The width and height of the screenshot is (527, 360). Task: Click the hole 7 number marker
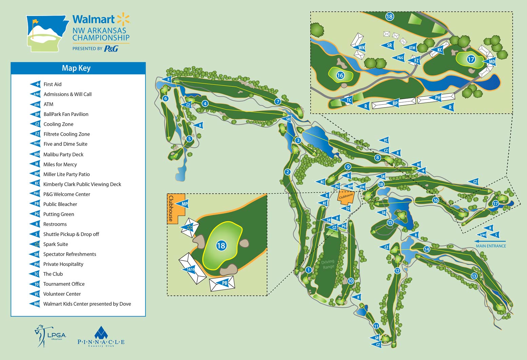(x=278, y=101)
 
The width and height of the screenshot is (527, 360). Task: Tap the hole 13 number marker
(x=474, y=276)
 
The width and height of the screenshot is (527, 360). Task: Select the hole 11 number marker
(x=376, y=326)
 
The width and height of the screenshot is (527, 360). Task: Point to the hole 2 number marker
(x=288, y=172)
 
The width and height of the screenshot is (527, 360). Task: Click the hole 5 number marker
(x=189, y=138)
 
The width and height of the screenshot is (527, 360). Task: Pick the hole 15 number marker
(x=390, y=223)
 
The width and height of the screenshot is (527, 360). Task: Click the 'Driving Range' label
(x=328, y=264)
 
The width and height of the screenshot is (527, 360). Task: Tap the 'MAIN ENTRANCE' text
(x=491, y=246)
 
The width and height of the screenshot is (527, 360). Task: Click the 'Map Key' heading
(x=76, y=68)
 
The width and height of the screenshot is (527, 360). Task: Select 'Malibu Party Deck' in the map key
(x=63, y=154)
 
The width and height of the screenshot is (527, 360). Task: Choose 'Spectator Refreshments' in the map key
(x=70, y=254)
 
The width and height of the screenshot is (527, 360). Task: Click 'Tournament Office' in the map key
(x=64, y=284)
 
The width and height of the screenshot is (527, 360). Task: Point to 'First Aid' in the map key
(x=53, y=84)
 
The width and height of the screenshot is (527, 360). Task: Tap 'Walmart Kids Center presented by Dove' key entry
(x=87, y=304)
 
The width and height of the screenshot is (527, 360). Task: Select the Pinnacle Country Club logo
(x=101, y=337)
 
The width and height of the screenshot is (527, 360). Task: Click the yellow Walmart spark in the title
(x=123, y=19)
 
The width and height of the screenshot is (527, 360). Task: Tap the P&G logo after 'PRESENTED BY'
(x=111, y=49)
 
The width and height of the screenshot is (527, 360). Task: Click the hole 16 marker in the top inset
(x=340, y=75)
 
